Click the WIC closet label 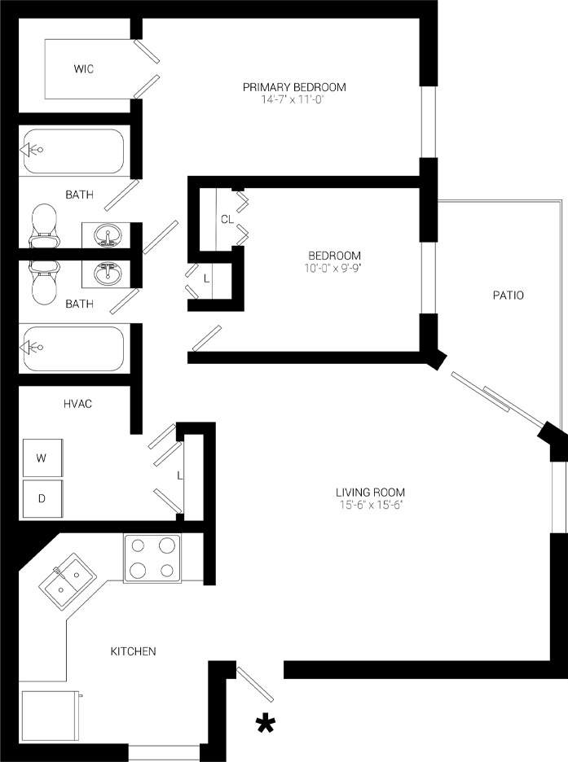(x=83, y=69)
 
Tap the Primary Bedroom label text (x=294, y=87)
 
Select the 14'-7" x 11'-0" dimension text (x=294, y=99)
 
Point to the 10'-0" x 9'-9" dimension (x=329, y=267)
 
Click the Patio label (x=507, y=295)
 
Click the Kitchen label (x=133, y=651)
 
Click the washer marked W (x=42, y=458)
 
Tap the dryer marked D (x=42, y=498)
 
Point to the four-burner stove (x=152, y=558)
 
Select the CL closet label (x=227, y=219)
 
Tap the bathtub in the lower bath (x=73, y=348)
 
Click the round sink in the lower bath (x=106, y=274)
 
